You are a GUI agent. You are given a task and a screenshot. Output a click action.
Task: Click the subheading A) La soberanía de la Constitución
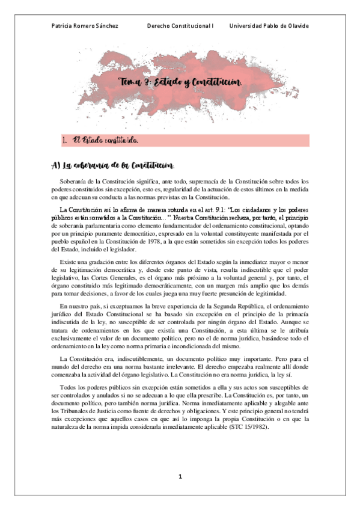click(x=112, y=166)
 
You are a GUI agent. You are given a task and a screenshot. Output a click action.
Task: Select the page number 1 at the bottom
click(x=180, y=477)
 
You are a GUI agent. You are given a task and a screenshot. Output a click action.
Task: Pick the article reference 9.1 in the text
click(x=206, y=209)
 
